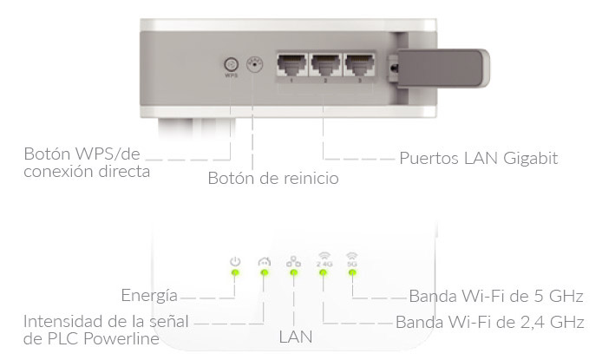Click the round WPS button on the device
(231, 64)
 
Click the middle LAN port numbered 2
(326, 64)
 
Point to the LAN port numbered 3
(359, 64)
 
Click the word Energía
(149, 294)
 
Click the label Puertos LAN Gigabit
(478, 159)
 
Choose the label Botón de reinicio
(272, 179)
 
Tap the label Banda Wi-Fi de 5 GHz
(495, 294)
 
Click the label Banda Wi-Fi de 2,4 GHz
(489, 322)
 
